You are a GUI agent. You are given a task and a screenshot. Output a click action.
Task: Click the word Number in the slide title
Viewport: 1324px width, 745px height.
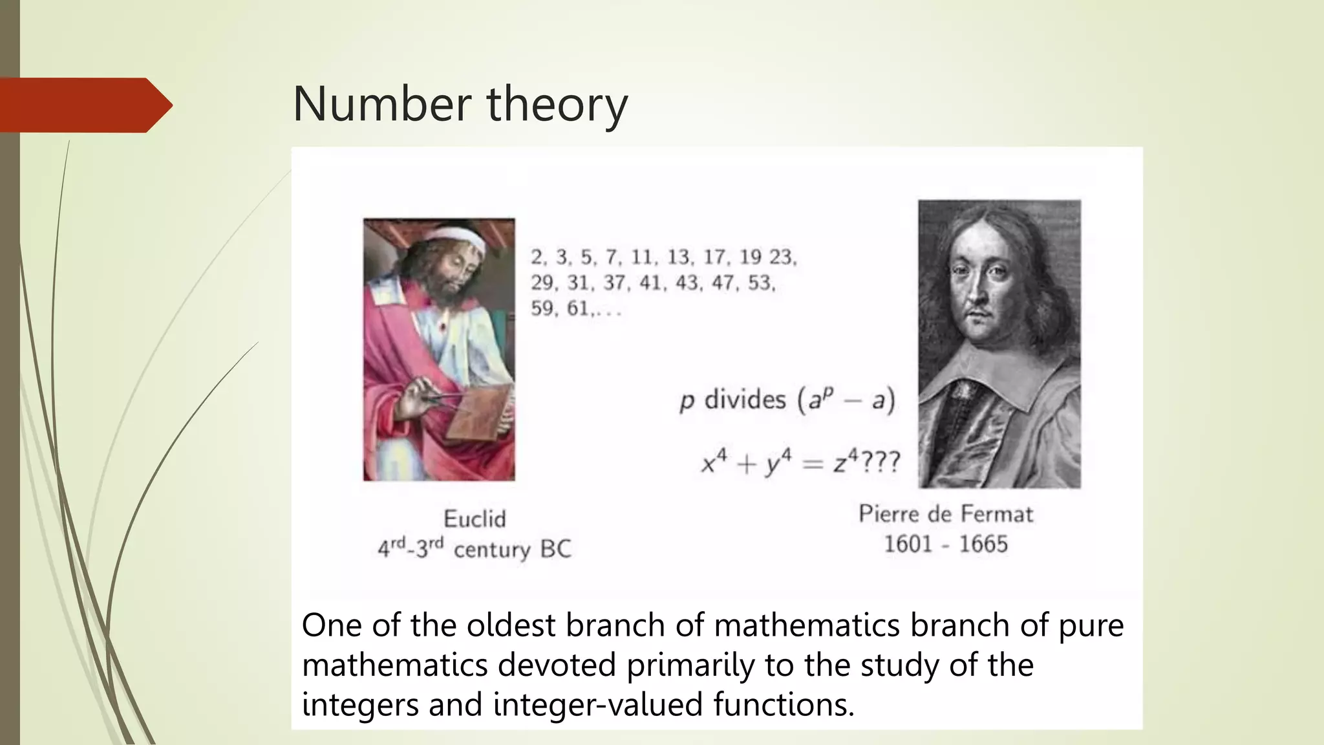382,104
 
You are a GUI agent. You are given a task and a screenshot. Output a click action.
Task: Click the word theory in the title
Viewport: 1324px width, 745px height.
557,105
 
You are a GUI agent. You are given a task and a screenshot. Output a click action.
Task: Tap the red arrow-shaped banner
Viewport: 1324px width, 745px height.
84,105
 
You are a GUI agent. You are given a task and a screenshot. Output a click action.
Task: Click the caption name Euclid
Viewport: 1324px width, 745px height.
475,519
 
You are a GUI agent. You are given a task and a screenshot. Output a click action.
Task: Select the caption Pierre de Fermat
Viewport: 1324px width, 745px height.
945,514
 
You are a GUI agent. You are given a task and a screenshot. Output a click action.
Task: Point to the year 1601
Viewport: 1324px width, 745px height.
908,544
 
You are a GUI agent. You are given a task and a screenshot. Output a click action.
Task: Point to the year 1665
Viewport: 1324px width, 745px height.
983,544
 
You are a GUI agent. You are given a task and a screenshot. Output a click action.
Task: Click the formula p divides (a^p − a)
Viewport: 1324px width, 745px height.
787,400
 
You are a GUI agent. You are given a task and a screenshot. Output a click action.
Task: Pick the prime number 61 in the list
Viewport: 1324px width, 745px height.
578,308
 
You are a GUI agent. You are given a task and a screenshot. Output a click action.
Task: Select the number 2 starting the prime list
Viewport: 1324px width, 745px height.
537,257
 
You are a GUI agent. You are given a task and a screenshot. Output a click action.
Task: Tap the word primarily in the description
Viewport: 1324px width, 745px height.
690,665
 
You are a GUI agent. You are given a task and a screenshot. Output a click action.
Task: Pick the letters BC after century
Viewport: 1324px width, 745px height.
555,549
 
